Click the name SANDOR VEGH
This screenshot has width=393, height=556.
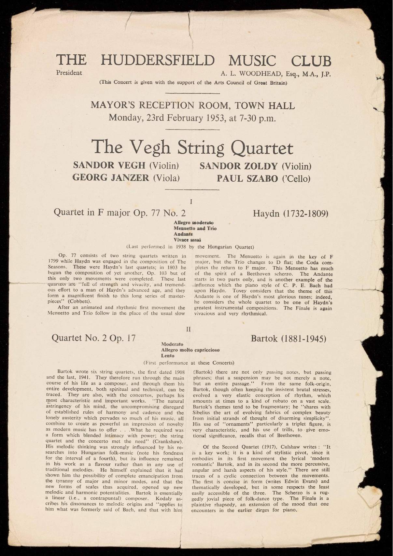point(109,165)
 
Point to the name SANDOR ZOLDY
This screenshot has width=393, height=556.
point(238,166)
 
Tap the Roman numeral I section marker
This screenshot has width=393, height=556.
point(191,202)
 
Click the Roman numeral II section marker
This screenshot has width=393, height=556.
point(188,329)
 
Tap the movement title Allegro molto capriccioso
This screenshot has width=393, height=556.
point(190,350)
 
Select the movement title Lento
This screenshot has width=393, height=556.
point(168,356)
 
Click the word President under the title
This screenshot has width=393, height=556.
point(69,73)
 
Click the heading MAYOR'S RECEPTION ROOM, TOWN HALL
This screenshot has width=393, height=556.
point(192,105)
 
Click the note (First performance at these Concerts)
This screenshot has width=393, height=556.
point(189,363)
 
